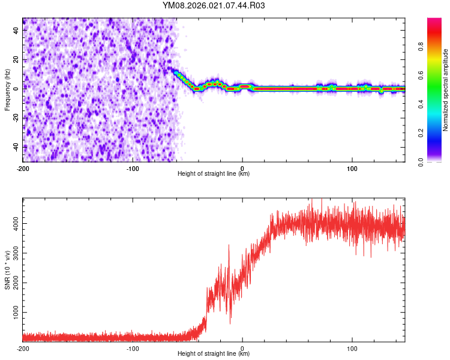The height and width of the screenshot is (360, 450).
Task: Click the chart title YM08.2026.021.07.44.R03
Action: click(x=214, y=5)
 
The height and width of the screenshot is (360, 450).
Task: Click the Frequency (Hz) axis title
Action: click(x=7, y=89)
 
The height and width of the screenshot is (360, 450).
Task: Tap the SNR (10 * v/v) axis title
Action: click(x=7, y=269)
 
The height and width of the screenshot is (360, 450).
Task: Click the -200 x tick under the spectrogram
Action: click(x=23, y=167)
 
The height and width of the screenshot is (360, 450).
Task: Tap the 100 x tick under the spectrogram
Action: click(x=352, y=167)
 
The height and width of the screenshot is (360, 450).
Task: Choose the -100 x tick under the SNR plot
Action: click(x=133, y=347)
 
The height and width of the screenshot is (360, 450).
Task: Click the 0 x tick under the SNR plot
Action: click(x=242, y=347)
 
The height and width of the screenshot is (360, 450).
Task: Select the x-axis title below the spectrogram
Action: click(x=214, y=174)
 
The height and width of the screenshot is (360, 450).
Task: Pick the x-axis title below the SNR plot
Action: click(x=214, y=354)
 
